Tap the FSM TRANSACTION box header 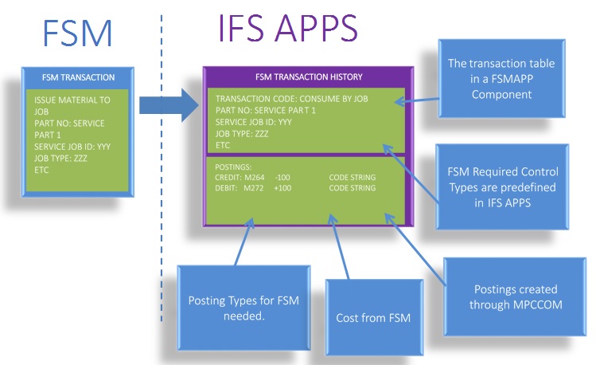pos(78,77)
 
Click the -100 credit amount pos(282,177)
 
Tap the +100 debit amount pos(283,188)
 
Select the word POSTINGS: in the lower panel pos(233,167)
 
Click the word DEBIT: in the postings pos(228,188)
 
